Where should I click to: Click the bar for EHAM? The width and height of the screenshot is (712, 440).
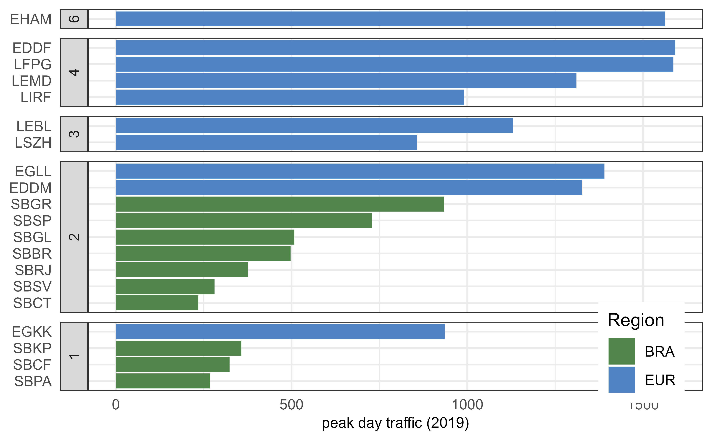point(390,19)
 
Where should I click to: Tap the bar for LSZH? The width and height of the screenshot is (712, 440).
point(266,142)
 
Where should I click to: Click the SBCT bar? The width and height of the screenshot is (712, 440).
point(157,303)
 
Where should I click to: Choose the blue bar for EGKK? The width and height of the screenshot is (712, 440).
point(280,332)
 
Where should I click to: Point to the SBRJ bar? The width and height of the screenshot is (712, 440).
point(182,270)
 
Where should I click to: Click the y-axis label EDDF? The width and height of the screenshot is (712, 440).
point(32,48)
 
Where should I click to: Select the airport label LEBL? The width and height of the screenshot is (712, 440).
point(34,126)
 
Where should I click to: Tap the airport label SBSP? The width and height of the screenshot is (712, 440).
point(32,221)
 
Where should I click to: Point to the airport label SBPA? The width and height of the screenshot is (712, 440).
point(33,381)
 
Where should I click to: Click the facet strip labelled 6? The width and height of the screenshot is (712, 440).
point(74,19)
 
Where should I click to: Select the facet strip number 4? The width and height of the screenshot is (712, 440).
point(74,72)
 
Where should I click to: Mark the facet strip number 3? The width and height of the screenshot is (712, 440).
point(74,134)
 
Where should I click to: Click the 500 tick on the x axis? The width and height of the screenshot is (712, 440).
point(291,405)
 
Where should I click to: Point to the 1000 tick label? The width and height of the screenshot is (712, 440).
point(467,405)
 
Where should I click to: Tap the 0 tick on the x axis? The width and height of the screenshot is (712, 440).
point(116,405)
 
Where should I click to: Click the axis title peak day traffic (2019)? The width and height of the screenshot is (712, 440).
point(395,423)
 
